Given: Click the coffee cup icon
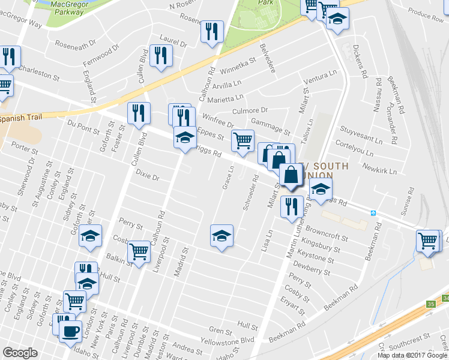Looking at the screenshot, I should [x=71, y=329].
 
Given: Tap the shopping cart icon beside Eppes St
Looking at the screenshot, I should [x=243, y=140].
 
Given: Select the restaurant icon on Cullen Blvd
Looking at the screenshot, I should [x=139, y=113].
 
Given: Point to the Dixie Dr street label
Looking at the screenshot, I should [x=146, y=178].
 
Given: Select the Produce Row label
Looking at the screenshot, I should [x=425, y=15].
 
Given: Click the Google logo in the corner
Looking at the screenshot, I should [x=20, y=353].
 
